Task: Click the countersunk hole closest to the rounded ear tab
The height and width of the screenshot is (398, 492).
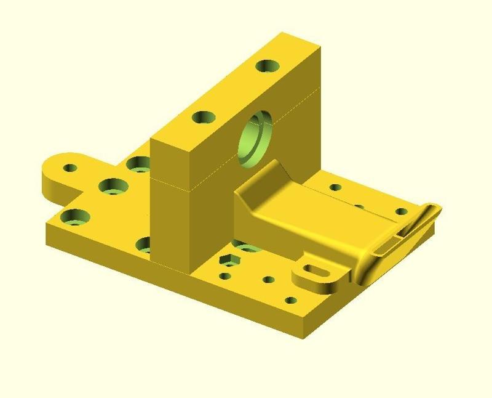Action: (x=113, y=185)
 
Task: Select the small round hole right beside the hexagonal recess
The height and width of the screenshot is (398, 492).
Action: (x=226, y=276)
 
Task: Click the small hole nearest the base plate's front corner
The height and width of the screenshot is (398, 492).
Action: (x=291, y=301)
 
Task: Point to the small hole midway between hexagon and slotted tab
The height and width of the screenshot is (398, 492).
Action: (x=268, y=280)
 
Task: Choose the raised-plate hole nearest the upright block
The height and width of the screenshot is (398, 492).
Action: (x=335, y=187)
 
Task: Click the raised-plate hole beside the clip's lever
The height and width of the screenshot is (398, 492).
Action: (x=402, y=212)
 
